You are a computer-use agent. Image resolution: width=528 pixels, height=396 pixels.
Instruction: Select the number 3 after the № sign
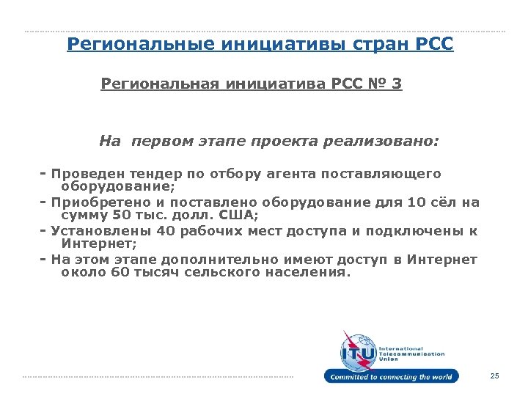point(397,84)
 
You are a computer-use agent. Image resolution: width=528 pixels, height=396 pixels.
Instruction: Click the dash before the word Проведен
point(44,174)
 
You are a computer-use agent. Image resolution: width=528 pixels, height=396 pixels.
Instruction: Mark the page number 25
point(494,376)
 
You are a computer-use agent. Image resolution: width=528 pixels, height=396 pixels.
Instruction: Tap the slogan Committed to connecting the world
point(392,377)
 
